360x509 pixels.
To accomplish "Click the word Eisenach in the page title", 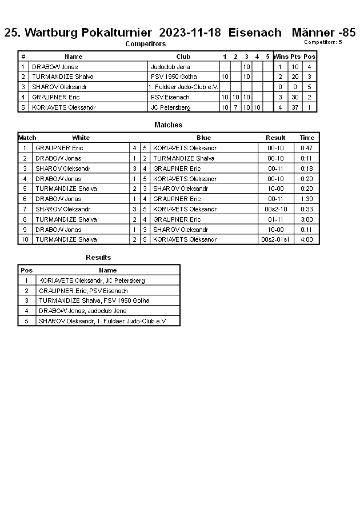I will pyautogui.click(x=255, y=33).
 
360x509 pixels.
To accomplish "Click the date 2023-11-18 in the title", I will pyautogui.click(x=190, y=33).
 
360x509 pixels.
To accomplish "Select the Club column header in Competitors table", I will pyautogui.click(x=183, y=57).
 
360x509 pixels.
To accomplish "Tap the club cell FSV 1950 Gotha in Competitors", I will pyautogui.click(x=174, y=77).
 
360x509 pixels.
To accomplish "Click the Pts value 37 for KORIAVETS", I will pyautogui.click(x=295, y=107).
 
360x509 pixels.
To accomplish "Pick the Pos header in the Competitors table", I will pyautogui.click(x=309, y=57).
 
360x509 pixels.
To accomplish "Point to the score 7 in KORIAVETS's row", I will pyautogui.click(x=235, y=107).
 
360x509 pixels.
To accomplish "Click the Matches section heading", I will pyautogui.click(x=168, y=125).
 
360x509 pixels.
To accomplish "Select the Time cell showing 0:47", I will pyautogui.click(x=307, y=148).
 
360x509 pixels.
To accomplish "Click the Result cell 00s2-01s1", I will pyautogui.click(x=275, y=239).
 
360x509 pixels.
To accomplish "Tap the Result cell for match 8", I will pyautogui.click(x=275, y=219).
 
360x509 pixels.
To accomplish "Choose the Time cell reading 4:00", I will pyautogui.click(x=307, y=239).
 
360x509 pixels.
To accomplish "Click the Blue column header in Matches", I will pyautogui.click(x=203, y=138).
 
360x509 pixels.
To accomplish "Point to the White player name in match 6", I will pyautogui.click(x=58, y=199).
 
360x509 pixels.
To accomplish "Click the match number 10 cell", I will pyautogui.click(x=25, y=239).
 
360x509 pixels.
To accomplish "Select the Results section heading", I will pyautogui.click(x=98, y=258).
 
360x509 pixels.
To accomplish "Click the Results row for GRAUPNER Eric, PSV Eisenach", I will pyautogui.click(x=83, y=291).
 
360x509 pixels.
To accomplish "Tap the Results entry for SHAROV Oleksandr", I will pyautogui.click(x=102, y=321).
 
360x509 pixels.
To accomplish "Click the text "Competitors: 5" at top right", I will pyautogui.click(x=323, y=42).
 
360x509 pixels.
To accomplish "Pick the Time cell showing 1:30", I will pyautogui.click(x=307, y=199).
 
